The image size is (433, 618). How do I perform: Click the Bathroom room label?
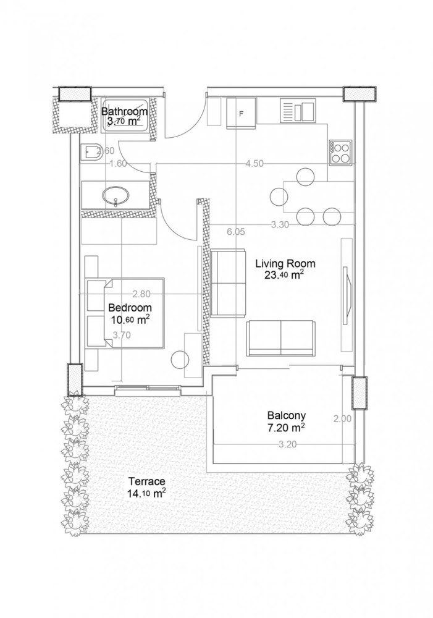pyautogui.click(x=124, y=112)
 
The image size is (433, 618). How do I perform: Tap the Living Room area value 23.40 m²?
pyautogui.click(x=284, y=275)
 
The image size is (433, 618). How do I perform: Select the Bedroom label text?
pyautogui.click(x=130, y=307)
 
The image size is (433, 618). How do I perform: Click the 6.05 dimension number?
pyautogui.click(x=237, y=232)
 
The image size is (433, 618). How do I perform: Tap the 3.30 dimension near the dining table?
pyautogui.click(x=280, y=225)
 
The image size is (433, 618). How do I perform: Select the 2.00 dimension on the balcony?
pyautogui.click(x=342, y=418)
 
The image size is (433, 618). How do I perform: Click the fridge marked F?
pyautogui.click(x=242, y=114)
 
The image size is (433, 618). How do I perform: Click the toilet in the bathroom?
pyautogui.click(x=90, y=150)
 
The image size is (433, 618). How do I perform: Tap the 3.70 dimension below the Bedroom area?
pyautogui.click(x=121, y=336)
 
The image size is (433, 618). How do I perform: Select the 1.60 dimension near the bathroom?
pyautogui.click(x=117, y=164)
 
